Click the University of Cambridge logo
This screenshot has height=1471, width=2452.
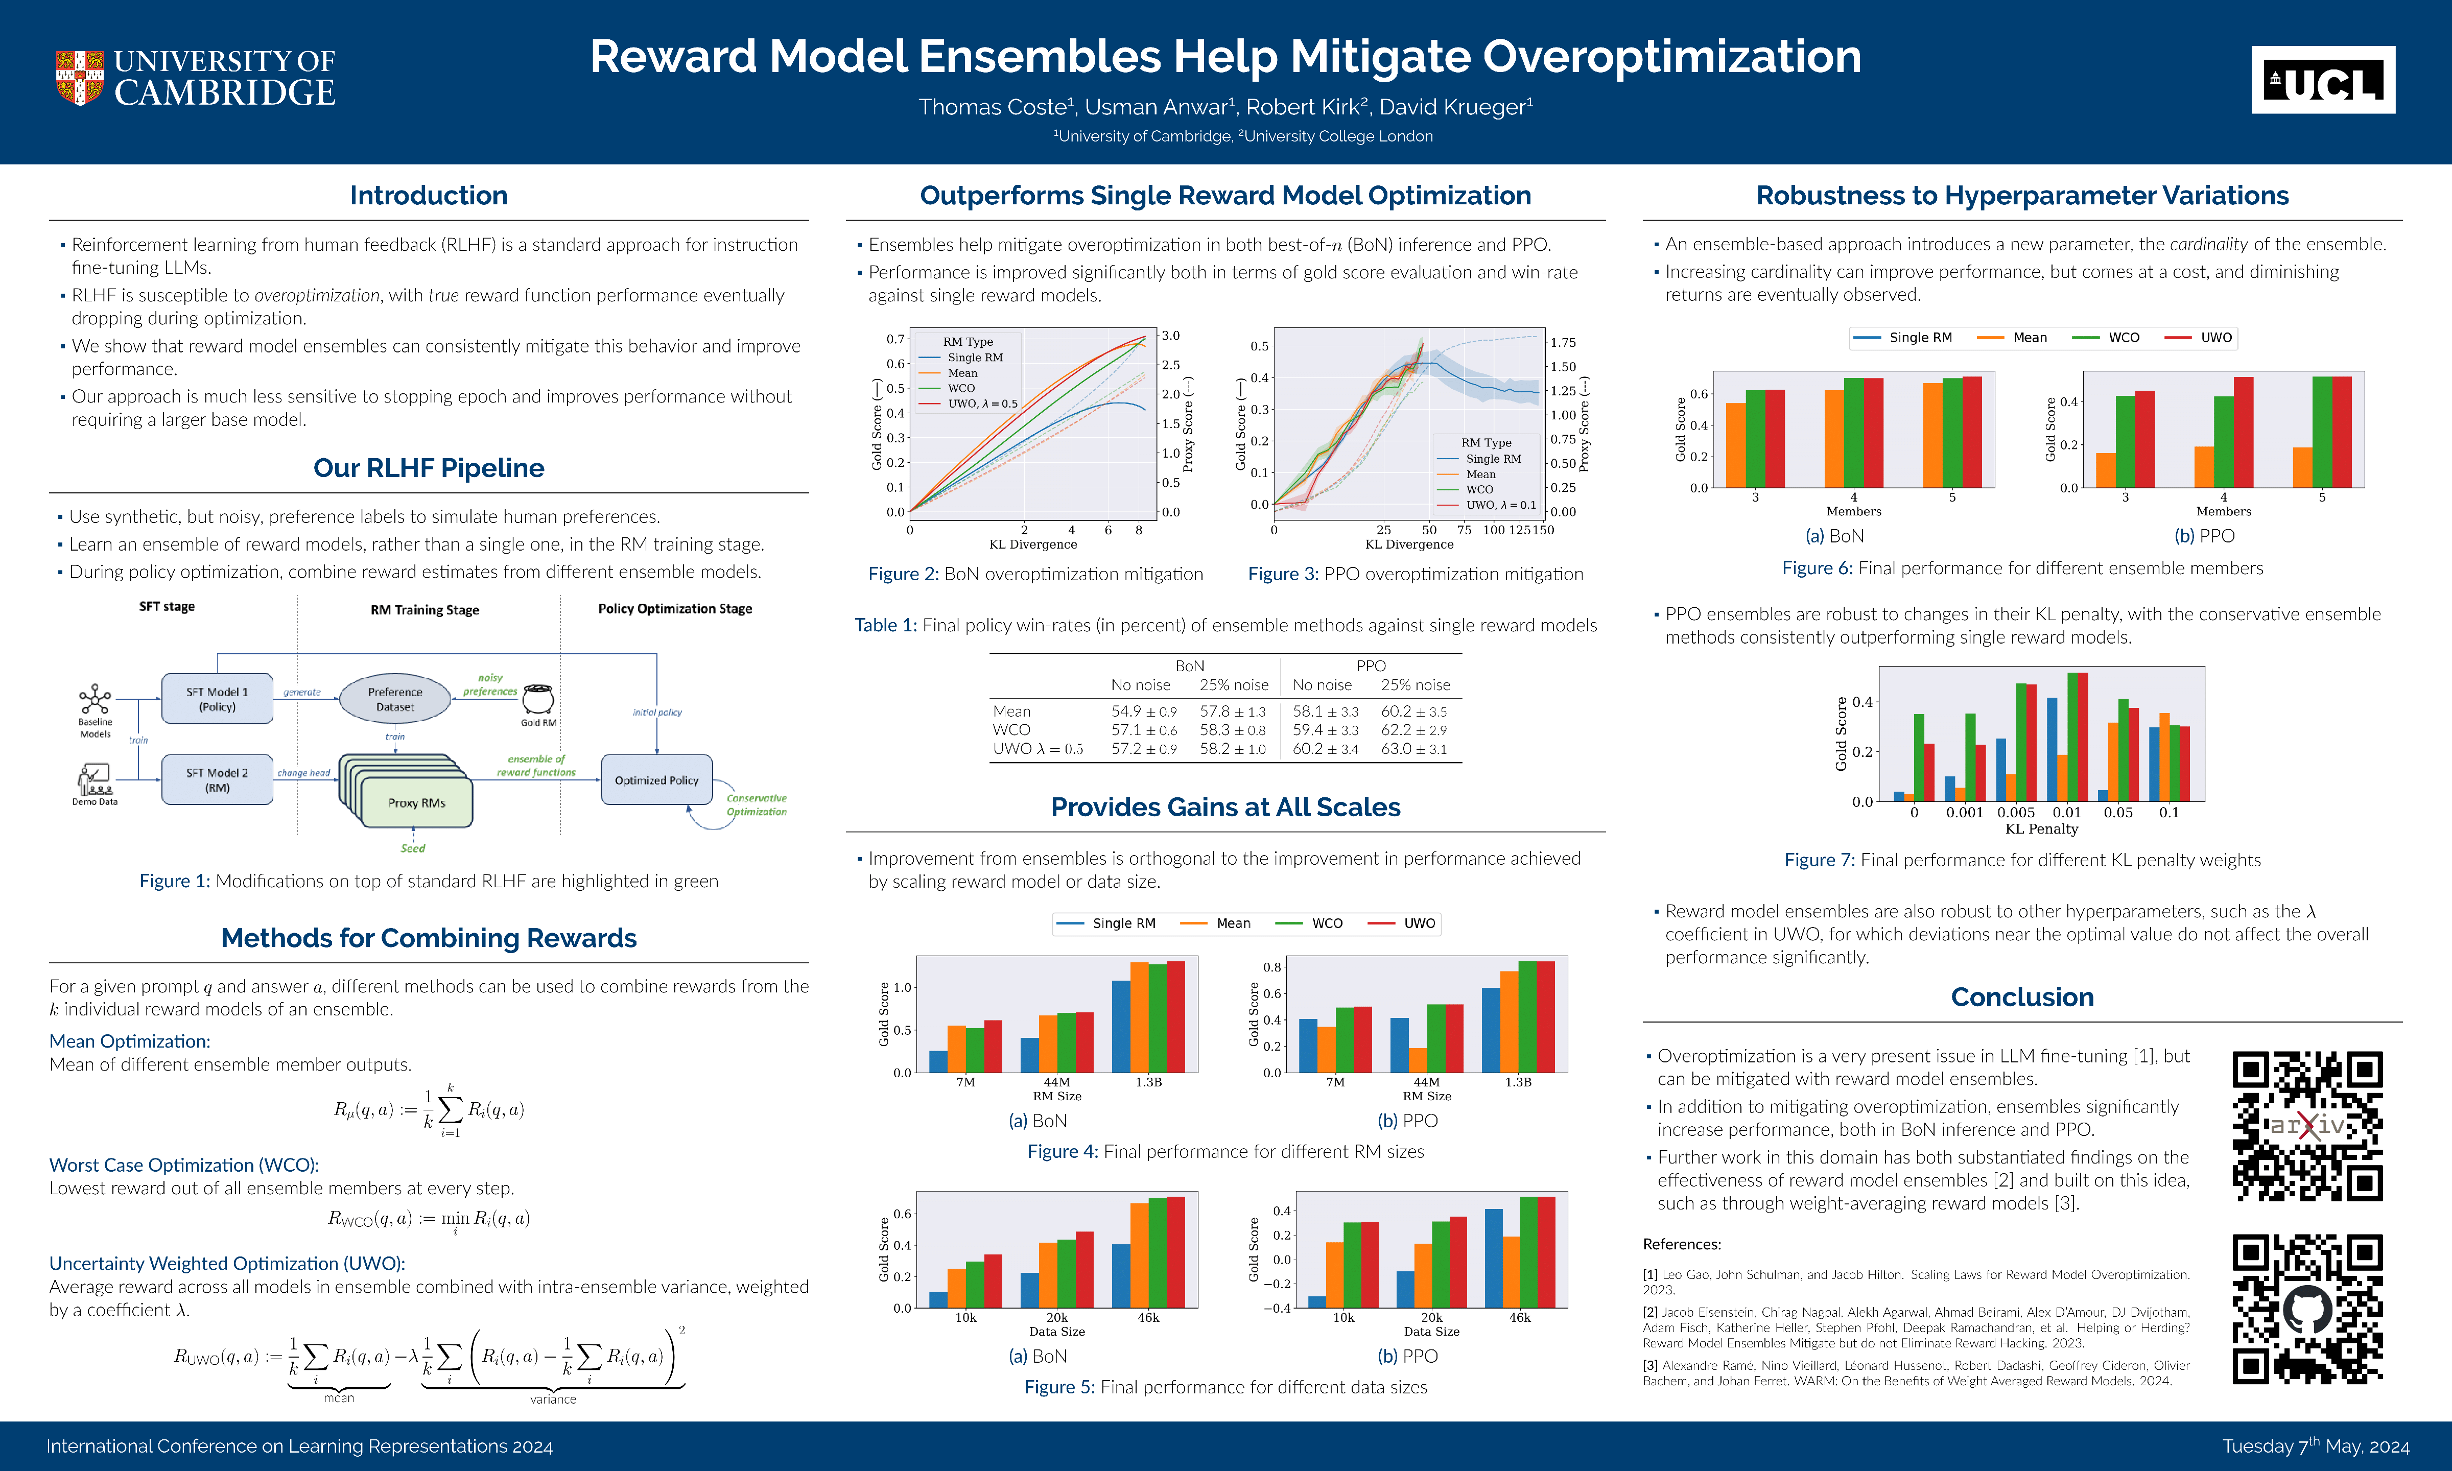[x=195, y=77]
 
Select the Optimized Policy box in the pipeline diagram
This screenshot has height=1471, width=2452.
[x=656, y=780]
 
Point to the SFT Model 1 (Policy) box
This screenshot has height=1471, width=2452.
[x=217, y=699]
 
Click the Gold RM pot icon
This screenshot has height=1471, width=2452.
[x=538, y=699]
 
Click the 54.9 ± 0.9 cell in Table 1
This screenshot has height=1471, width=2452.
[x=1144, y=711]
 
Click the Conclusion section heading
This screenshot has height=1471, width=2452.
[x=2022, y=997]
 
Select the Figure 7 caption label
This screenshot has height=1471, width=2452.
[x=1819, y=861]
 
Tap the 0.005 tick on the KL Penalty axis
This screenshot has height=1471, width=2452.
[x=2016, y=813]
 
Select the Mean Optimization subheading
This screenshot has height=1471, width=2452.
[x=130, y=1041]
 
